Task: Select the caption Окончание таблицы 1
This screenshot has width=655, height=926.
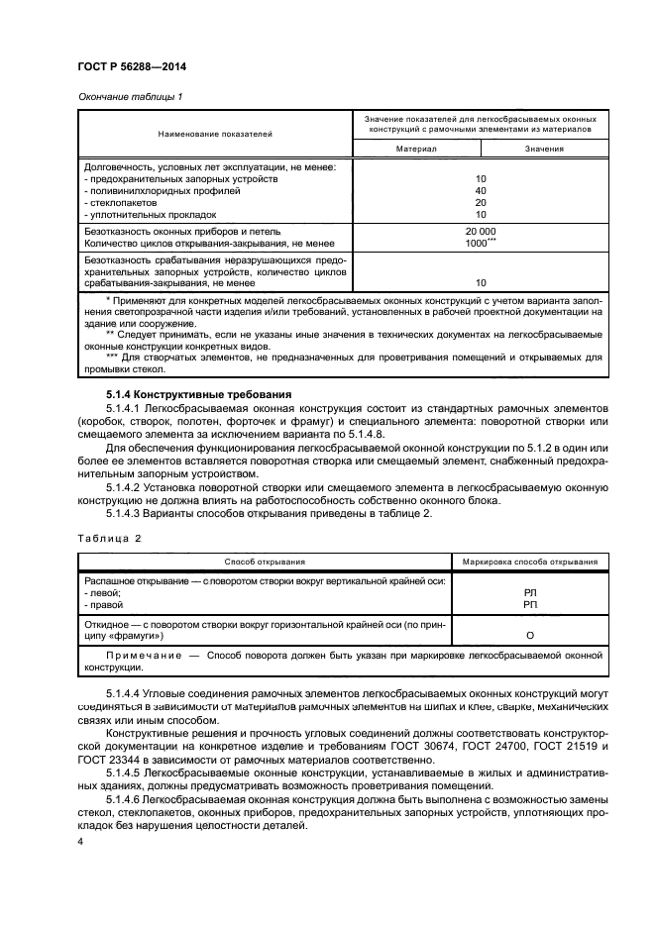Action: (x=129, y=96)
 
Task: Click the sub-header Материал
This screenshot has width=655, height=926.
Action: (x=416, y=149)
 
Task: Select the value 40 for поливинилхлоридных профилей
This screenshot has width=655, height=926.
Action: (x=481, y=190)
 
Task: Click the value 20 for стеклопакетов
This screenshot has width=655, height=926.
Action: (x=481, y=202)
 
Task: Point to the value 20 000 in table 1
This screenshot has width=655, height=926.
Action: (x=481, y=231)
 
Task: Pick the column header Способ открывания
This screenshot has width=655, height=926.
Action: (x=264, y=561)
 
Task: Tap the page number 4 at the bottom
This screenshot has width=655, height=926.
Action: (x=80, y=841)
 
